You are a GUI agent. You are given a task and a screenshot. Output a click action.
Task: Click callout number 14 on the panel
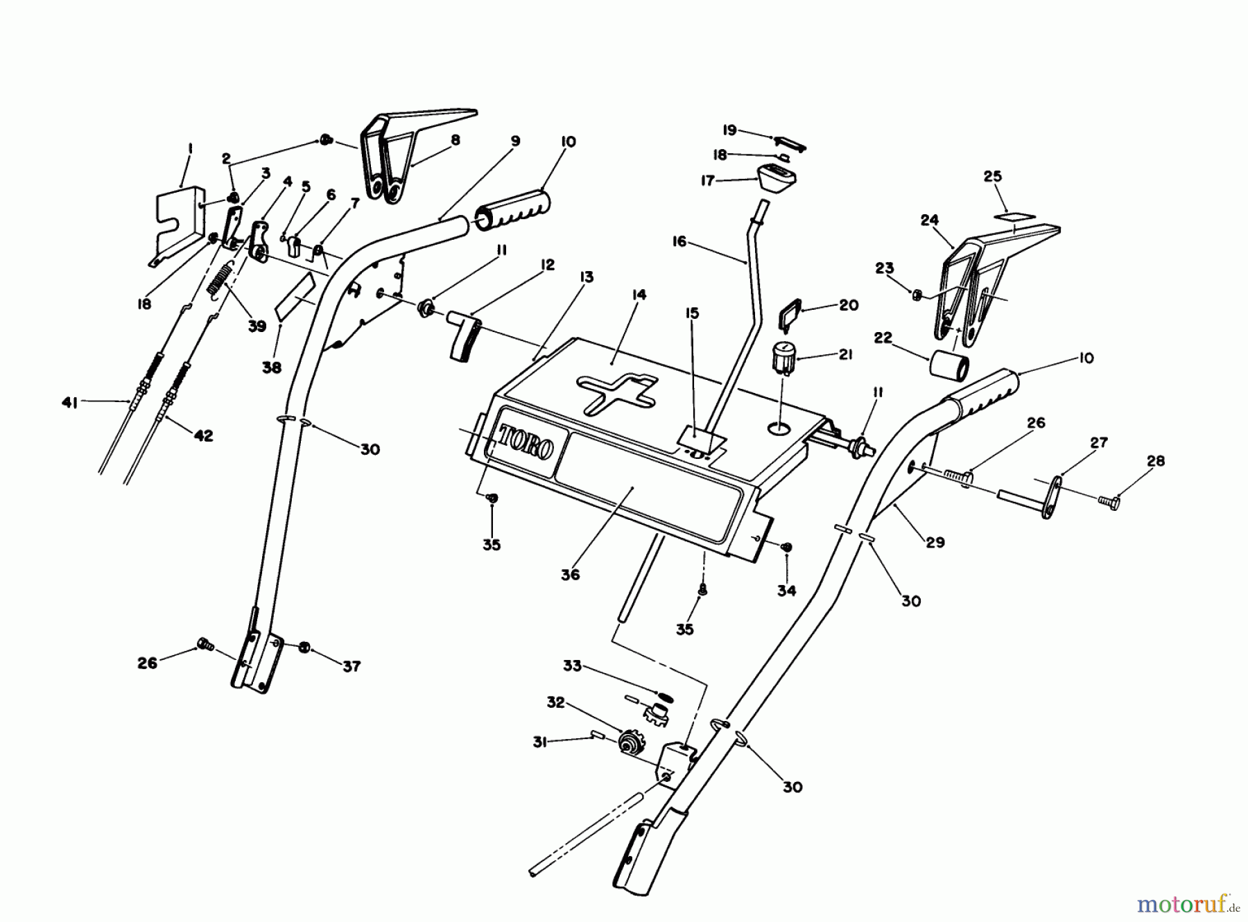[639, 295]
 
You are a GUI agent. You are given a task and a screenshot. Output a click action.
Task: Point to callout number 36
[570, 575]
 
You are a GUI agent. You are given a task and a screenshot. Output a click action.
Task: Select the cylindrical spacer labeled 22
[948, 366]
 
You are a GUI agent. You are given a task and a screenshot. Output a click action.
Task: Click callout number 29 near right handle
[935, 542]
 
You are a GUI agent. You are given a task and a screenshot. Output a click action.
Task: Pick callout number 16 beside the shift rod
[679, 241]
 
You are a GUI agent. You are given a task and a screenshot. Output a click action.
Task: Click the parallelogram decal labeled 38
[295, 296]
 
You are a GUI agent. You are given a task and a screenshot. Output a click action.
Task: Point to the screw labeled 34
[786, 548]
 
